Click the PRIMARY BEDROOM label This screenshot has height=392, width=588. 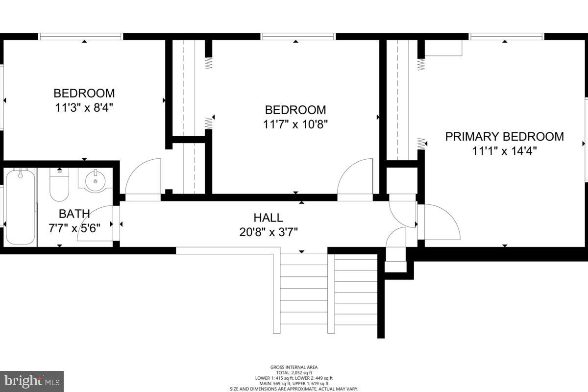(x=504, y=137)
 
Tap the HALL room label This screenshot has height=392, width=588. (x=268, y=218)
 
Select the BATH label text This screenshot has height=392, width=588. (x=74, y=214)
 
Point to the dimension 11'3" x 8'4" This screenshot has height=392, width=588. (x=84, y=108)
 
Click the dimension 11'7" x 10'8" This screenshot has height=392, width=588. (x=295, y=124)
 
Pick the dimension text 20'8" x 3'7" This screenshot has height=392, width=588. (x=268, y=232)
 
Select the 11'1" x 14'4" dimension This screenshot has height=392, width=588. (x=504, y=151)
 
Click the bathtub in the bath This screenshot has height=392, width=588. (x=20, y=206)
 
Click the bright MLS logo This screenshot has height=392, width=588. (x=32, y=381)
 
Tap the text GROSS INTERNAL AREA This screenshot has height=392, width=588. (x=294, y=367)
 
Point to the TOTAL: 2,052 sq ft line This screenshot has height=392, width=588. (x=294, y=372)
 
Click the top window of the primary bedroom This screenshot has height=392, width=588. (x=507, y=36)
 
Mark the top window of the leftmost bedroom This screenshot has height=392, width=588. (x=80, y=36)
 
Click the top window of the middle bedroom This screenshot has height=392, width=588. (x=298, y=36)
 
